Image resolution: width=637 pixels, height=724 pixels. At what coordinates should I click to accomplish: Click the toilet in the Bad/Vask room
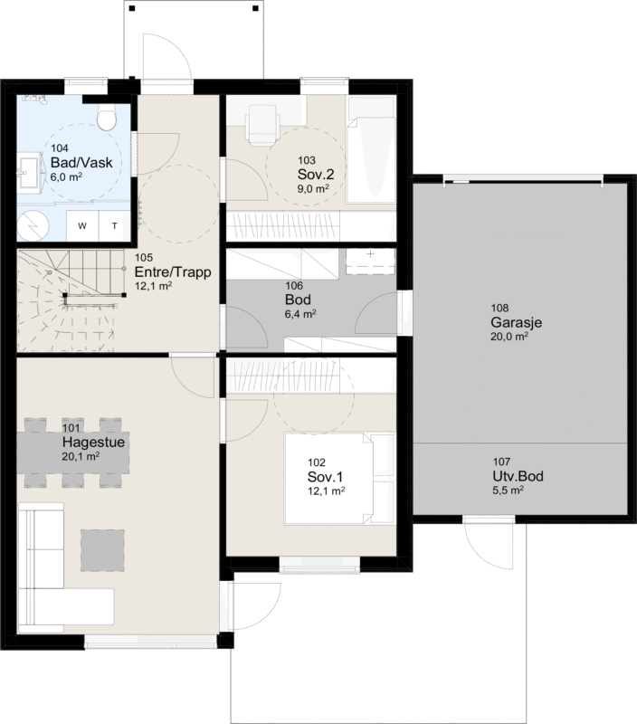click(x=107, y=116)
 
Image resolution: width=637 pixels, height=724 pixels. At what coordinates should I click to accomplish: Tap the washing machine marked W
click(x=82, y=225)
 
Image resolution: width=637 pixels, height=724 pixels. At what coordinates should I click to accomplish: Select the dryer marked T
click(x=115, y=225)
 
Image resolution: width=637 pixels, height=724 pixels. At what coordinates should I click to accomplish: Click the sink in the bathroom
click(x=30, y=173)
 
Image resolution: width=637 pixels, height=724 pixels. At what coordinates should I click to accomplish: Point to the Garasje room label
click(x=516, y=322)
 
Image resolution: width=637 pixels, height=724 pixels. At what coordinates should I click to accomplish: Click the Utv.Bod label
click(x=518, y=476)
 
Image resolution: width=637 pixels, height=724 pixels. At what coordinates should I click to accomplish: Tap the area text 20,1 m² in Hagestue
click(x=81, y=457)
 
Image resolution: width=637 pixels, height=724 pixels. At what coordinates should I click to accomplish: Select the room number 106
click(x=294, y=286)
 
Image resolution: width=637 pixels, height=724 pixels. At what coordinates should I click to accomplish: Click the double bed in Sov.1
click(x=339, y=479)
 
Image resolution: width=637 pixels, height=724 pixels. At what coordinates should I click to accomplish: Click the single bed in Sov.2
click(x=372, y=149)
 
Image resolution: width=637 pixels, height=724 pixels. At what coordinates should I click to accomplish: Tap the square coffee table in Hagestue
click(x=102, y=550)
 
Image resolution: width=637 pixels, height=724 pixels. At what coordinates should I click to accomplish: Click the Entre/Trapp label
click(x=173, y=272)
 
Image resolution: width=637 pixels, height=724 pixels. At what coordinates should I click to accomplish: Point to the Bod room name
click(x=298, y=300)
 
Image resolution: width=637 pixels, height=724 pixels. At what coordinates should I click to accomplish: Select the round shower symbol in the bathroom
click(x=33, y=226)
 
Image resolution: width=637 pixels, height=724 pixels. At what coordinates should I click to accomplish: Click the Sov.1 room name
click(x=325, y=477)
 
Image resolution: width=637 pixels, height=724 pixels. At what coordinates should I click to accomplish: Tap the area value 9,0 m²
click(x=313, y=188)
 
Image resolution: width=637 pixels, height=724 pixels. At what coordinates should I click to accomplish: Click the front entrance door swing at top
click(x=166, y=57)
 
